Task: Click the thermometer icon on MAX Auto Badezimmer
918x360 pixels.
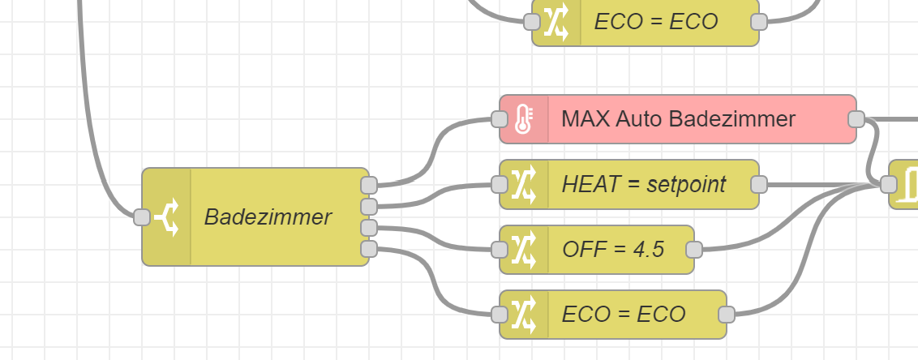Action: (523, 119)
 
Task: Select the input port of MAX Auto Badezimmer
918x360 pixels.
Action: (500, 120)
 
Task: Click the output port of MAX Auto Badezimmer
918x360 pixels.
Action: (856, 120)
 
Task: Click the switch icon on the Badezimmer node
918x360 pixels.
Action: (167, 217)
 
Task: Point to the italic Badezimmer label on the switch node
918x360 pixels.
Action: (268, 217)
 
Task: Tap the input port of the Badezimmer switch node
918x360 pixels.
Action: (142, 217)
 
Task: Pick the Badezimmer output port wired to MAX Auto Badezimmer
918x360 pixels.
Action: (369, 185)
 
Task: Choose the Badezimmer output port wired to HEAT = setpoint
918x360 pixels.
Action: (369, 206)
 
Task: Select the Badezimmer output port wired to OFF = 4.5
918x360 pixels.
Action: (369, 227)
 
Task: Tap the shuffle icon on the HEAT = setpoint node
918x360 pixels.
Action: (524, 185)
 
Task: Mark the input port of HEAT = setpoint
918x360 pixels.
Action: (500, 185)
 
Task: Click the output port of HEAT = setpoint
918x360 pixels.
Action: (758, 185)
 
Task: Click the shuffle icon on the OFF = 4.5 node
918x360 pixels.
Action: (524, 250)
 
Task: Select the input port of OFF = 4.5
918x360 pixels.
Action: (500, 250)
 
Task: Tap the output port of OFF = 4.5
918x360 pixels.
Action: (693, 250)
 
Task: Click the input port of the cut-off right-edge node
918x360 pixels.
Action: (889, 185)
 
